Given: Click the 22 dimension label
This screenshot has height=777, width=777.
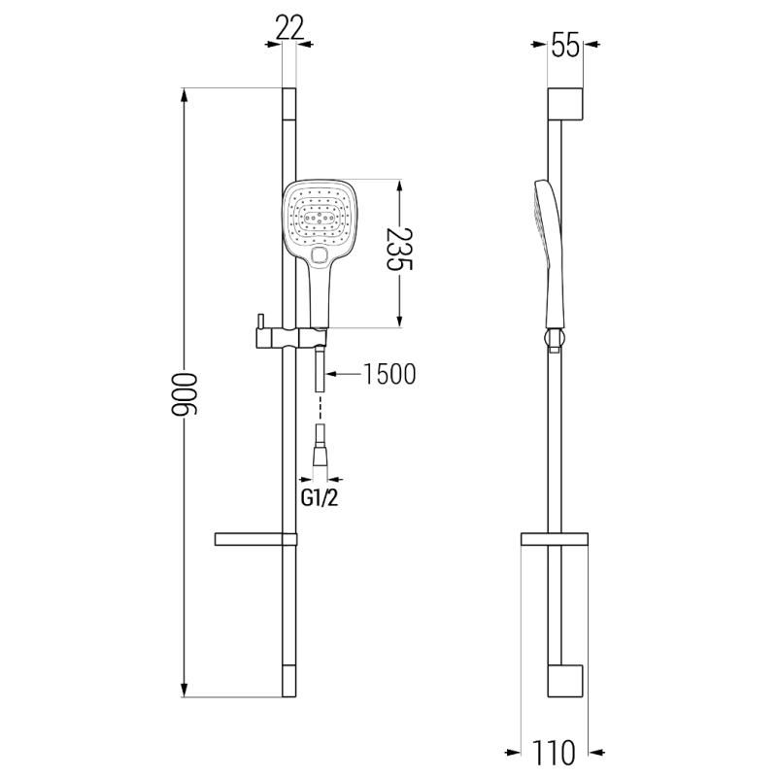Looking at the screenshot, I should point(288,29).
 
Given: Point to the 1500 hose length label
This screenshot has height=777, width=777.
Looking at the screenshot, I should point(388,374).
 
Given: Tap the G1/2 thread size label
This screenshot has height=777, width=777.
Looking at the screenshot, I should point(320,498).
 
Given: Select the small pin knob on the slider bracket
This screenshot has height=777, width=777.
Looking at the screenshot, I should point(260,321).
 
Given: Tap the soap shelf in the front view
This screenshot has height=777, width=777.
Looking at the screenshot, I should point(251,538).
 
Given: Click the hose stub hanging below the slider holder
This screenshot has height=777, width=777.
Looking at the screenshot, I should point(320,373).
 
